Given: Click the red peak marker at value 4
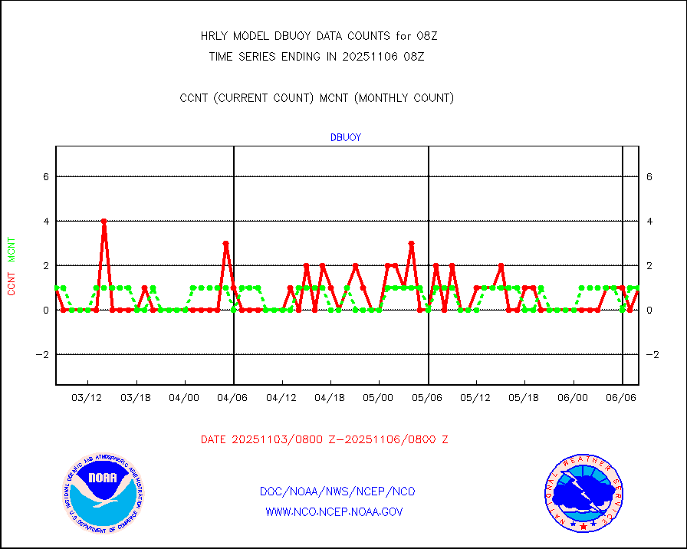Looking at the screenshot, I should (x=104, y=221).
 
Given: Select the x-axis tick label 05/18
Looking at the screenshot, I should (x=525, y=398).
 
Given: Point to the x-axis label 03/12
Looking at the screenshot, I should (x=87, y=398).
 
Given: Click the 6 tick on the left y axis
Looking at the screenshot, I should (x=46, y=176).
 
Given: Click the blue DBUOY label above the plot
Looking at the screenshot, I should (x=345, y=138).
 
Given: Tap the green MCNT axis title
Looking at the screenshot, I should (x=12, y=251).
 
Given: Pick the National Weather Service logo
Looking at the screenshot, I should (x=583, y=493).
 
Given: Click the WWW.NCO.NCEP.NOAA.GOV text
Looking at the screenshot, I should (x=334, y=511).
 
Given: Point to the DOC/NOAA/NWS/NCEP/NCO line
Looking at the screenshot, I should (x=337, y=491).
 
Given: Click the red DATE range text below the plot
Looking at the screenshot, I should (x=324, y=439).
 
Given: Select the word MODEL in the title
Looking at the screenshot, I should (x=251, y=36).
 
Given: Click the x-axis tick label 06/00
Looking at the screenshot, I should (x=573, y=398).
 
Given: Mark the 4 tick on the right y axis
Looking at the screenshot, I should (x=649, y=221).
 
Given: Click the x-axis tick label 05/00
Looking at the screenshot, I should (x=379, y=398).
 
